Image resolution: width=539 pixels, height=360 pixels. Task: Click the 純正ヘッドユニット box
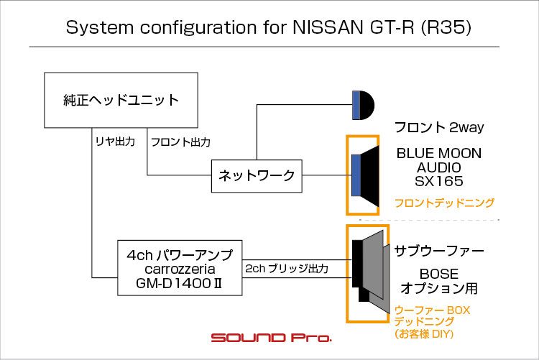click(x=121, y=100)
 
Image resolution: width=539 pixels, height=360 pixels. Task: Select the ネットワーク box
click(x=257, y=176)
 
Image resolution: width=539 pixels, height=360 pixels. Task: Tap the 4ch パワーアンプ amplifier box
click(x=180, y=268)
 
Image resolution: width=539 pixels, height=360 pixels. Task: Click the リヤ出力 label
click(x=115, y=142)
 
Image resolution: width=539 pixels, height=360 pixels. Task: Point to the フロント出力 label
click(x=181, y=142)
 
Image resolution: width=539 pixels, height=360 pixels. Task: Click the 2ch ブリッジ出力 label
click(x=287, y=269)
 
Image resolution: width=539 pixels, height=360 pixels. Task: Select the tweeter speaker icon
click(x=363, y=105)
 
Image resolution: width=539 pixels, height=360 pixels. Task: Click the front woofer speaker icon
click(x=365, y=175)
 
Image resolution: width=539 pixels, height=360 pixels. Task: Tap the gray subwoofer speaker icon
click(x=371, y=272)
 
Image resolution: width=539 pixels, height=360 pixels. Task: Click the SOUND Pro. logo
click(x=272, y=337)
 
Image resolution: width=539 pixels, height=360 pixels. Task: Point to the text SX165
click(x=439, y=181)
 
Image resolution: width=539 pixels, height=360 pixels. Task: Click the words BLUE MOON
click(x=439, y=153)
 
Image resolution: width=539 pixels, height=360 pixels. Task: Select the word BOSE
click(x=439, y=274)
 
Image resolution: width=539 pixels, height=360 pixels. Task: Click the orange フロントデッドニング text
click(x=444, y=203)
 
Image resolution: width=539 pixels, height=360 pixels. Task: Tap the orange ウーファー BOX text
click(x=432, y=310)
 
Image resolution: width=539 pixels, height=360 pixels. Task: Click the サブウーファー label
click(x=439, y=251)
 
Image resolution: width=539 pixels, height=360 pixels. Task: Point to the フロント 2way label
click(x=439, y=127)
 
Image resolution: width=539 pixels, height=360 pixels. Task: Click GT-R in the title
click(x=392, y=27)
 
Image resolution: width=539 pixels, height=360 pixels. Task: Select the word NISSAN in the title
click(x=328, y=27)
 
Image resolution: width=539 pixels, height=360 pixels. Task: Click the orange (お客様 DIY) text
click(x=424, y=333)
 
